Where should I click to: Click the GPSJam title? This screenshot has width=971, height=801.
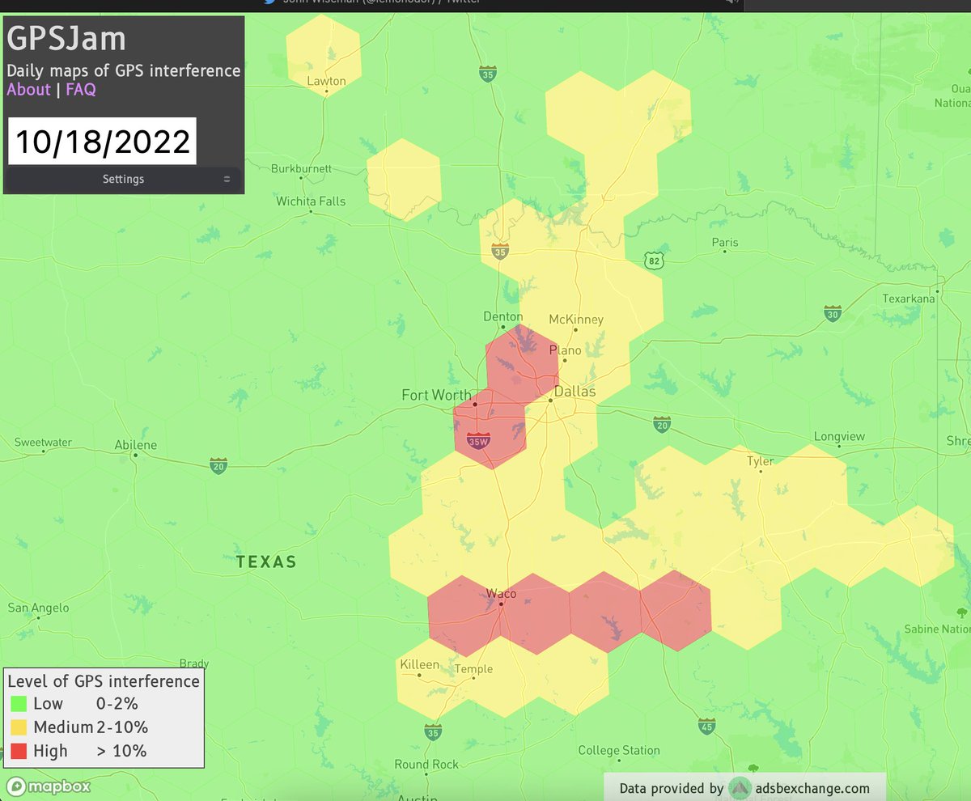(x=66, y=40)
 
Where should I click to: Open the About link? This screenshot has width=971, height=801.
(x=29, y=90)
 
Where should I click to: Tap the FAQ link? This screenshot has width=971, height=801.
(x=81, y=90)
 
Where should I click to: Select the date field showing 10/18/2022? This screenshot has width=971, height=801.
(x=102, y=142)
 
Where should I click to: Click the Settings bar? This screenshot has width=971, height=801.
(x=123, y=179)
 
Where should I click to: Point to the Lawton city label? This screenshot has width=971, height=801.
(x=326, y=81)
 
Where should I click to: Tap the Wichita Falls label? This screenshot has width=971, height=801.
(x=311, y=201)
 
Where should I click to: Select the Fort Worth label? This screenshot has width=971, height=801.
(x=436, y=395)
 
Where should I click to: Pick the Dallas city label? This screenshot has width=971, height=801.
(x=575, y=392)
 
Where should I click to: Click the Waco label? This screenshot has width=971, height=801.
(x=501, y=594)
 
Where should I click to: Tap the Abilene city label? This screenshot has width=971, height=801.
(x=136, y=445)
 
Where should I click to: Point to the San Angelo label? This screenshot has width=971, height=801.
(x=38, y=608)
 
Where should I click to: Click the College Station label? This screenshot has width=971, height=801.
(x=619, y=751)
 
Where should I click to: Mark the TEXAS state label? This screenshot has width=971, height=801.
(x=266, y=562)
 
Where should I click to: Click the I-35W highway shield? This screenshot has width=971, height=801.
(x=479, y=441)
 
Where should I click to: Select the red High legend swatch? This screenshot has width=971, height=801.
(x=19, y=751)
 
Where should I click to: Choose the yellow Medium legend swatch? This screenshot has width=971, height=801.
(x=19, y=727)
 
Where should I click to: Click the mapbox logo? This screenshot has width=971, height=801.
(x=49, y=786)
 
